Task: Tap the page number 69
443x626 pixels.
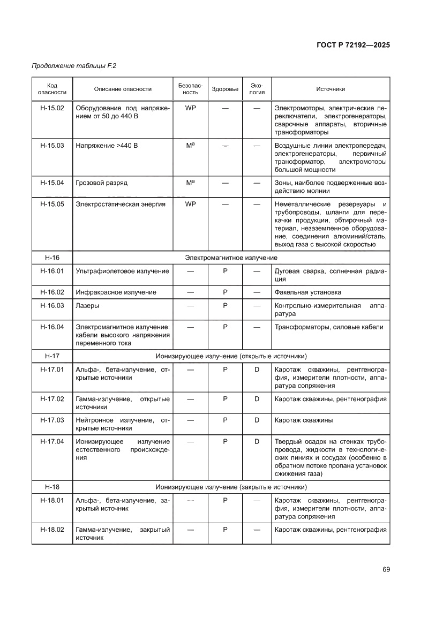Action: click(x=386, y=569)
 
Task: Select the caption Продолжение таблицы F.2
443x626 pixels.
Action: click(x=74, y=66)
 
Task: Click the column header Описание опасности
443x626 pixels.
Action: click(x=123, y=89)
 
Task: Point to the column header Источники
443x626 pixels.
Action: click(x=330, y=89)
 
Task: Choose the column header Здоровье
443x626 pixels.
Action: click(x=225, y=89)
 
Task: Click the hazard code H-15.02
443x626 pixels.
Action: click(x=52, y=108)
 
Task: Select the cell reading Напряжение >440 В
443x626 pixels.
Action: click(x=107, y=145)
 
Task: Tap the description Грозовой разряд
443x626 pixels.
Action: click(x=102, y=183)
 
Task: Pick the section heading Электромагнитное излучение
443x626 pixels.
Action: click(x=231, y=258)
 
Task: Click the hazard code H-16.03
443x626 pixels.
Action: click(x=52, y=305)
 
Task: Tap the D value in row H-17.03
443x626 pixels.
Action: click(x=257, y=420)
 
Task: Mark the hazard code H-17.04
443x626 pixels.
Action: click(x=52, y=441)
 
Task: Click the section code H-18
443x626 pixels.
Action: click(x=52, y=487)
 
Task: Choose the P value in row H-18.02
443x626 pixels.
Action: click(x=225, y=530)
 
